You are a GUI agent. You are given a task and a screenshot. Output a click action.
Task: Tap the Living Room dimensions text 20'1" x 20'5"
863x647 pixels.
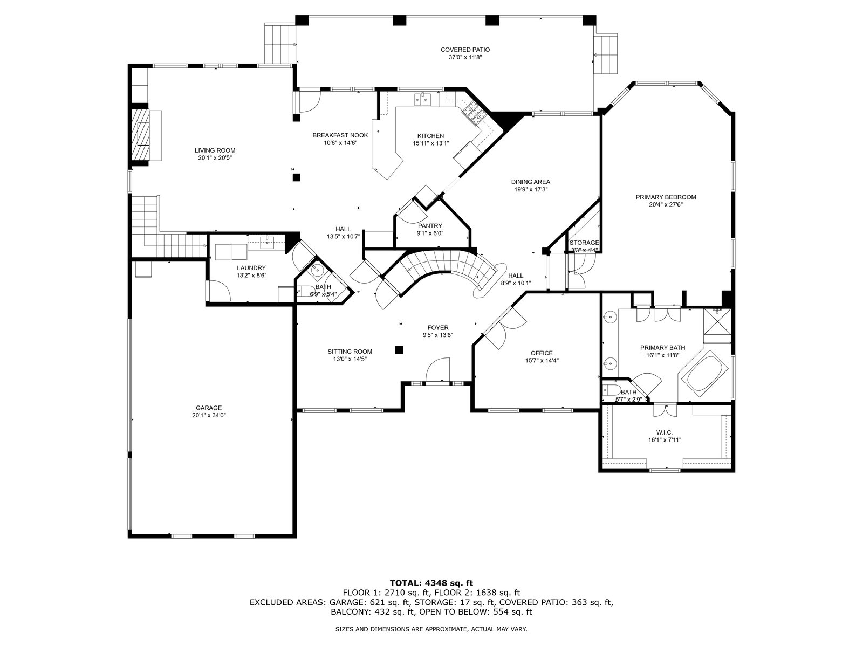pos(215,158)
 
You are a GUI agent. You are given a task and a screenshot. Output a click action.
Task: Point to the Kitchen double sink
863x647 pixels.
pos(422,99)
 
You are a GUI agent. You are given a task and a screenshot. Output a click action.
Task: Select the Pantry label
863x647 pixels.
pos(430,226)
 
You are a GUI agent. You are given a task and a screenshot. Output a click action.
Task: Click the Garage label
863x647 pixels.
pos(209,408)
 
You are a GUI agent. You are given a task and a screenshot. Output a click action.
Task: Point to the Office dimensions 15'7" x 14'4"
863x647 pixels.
pos(542,361)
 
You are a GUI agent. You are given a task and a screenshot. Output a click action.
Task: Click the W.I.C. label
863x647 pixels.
pos(665,432)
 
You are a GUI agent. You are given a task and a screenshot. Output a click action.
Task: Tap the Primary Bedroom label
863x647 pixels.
pos(666,197)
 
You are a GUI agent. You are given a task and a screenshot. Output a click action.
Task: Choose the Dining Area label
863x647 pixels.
pos(531,182)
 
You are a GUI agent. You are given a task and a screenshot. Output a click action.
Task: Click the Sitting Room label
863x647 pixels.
pos(350,352)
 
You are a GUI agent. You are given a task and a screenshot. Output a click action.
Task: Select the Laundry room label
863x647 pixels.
pos(251,267)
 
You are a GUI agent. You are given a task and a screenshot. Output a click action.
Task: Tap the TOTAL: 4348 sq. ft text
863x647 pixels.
pos(431,583)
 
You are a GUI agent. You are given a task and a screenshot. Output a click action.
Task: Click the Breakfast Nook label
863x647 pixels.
pos(340,135)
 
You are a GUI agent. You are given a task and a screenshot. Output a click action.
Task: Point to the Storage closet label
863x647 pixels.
pos(584,243)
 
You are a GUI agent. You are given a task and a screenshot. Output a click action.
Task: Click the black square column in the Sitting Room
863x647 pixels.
pos(399,349)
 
